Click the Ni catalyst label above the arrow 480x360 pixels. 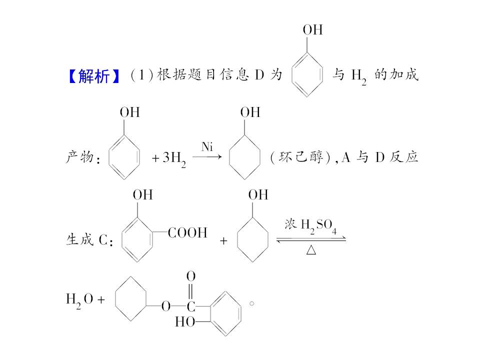pyautogui.click(x=207, y=147)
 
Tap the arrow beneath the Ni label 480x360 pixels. pyautogui.click(x=207, y=157)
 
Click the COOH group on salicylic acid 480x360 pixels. pyautogui.click(x=187, y=232)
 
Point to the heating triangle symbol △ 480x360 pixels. pyautogui.click(x=311, y=250)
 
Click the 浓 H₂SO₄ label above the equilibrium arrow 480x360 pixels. pyautogui.click(x=310, y=226)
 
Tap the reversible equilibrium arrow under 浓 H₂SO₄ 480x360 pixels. pyautogui.click(x=311, y=239)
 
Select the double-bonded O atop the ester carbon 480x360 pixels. pyautogui.click(x=191, y=276)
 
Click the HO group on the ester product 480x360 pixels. pyautogui.click(x=185, y=321)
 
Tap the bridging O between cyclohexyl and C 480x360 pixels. pyautogui.click(x=166, y=306)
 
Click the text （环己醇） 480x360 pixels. pyautogui.click(x=301, y=157)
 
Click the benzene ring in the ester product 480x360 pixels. pyautogui.click(x=241, y=314)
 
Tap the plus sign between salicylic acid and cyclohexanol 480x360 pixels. pyautogui.click(x=223, y=241)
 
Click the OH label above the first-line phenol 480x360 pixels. pyautogui.click(x=313, y=30)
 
